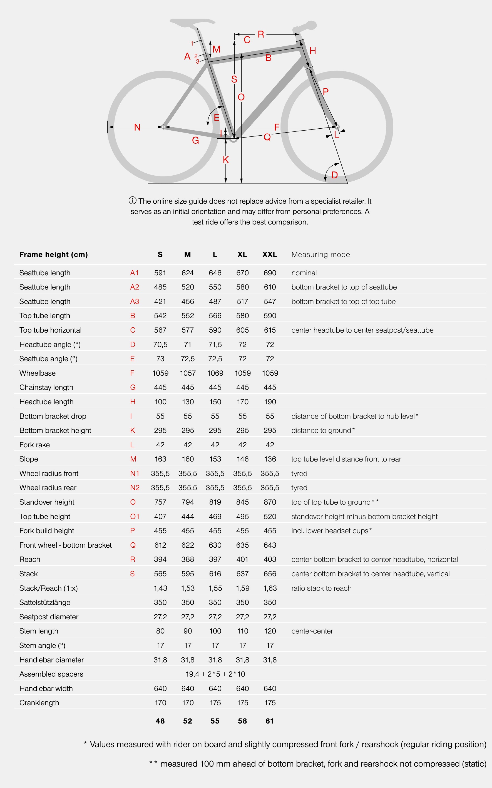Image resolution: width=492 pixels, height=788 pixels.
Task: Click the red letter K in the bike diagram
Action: coord(226,160)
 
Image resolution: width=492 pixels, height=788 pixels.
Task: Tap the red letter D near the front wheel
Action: coord(334,175)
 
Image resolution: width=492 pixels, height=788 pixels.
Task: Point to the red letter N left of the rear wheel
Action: coord(137,127)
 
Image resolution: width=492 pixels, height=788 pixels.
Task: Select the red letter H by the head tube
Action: coord(313,51)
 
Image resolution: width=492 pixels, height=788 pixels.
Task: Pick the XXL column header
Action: coord(270,255)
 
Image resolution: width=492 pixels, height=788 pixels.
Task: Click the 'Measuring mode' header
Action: coord(320,255)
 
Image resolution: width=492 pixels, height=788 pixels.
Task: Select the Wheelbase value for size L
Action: coord(215,373)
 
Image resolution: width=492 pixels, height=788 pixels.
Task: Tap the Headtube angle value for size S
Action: coord(160,345)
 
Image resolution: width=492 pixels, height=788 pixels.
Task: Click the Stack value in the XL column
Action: coord(242,574)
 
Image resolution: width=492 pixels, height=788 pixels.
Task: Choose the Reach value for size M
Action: coord(188,559)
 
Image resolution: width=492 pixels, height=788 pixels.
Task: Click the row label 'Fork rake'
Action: coord(34,445)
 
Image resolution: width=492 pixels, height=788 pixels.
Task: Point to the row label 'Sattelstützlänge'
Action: coord(45,602)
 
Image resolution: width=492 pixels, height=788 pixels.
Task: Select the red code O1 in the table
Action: coord(135,517)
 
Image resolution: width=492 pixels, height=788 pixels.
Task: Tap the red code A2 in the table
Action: coord(134,287)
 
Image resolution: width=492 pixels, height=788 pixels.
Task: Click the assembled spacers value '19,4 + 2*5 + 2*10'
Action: coord(215,674)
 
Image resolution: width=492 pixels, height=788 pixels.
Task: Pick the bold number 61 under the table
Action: coord(270,721)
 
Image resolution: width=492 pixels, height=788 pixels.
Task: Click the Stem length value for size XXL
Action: coord(270,631)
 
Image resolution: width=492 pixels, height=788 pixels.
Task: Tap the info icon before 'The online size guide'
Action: coord(132,200)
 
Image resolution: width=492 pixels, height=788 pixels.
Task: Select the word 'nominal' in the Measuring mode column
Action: coord(304,273)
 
